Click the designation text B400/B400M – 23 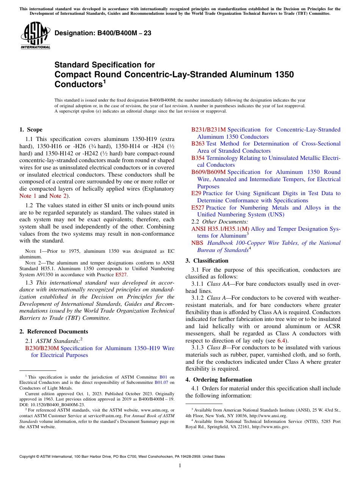point(103,33)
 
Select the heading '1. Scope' point(31,130)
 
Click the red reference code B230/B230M point(42,348)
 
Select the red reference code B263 point(198,144)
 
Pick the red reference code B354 point(198,158)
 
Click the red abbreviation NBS point(197,243)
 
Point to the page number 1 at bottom point(180,466)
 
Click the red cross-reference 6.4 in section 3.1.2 point(280,341)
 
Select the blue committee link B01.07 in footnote point(161,382)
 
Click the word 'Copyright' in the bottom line point(28,457)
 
